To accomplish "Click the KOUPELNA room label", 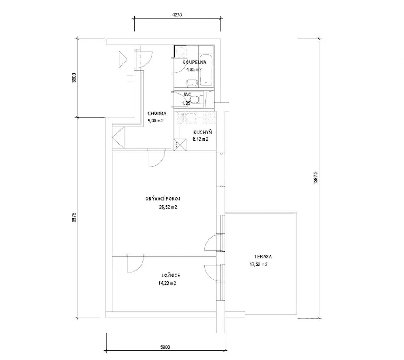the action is pyautogui.click(x=194, y=62).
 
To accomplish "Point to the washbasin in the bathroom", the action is pyautogui.click(x=192, y=83).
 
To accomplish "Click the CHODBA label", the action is pyautogui.click(x=157, y=114).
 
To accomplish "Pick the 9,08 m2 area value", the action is pyautogui.click(x=156, y=121).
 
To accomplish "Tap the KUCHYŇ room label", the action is pyautogui.click(x=202, y=132).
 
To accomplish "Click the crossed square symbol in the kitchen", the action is pyautogui.click(x=180, y=145).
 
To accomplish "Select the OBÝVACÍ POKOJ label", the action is pyautogui.click(x=163, y=199).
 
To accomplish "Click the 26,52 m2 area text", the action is pyautogui.click(x=168, y=207).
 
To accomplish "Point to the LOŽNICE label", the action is pyautogui.click(x=171, y=275).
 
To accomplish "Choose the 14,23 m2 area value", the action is pyautogui.click(x=167, y=283).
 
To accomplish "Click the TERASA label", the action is pyautogui.click(x=263, y=256).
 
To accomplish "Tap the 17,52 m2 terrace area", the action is pyautogui.click(x=259, y=264).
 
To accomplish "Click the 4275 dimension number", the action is pyautogui.click(x=177, y=15).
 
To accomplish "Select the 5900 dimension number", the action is pyautogui.click(x=165, y=347).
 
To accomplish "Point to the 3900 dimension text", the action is pyautogui.click(x=74, y=78).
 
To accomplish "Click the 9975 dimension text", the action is pyautogui.click(x=74, y=217).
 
